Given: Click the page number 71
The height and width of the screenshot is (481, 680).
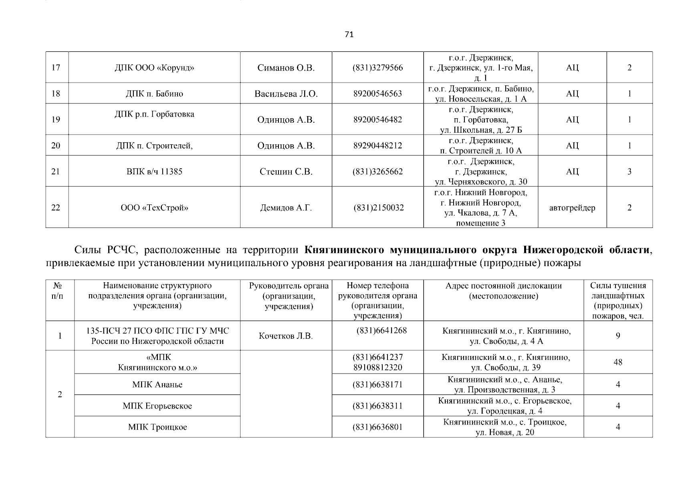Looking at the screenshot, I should tap(349, 34).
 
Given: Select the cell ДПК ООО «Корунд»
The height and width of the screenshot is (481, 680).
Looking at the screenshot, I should tap(154, 68).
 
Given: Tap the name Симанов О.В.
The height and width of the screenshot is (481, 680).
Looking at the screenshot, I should tap(286, 68).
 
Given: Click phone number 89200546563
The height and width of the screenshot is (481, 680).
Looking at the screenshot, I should tap(377, 94).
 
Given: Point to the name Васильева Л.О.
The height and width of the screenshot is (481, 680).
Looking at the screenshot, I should tap(286, 94).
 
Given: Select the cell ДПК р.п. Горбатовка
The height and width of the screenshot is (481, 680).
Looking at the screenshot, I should tap(154, 114).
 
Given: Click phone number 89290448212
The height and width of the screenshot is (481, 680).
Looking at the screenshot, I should tap(377, 146).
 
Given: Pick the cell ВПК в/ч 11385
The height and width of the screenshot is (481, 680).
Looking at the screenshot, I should tap(154, 172).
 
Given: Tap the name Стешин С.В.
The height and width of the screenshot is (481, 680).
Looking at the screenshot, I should tap(286, 172).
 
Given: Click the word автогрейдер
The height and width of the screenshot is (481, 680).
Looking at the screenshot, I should tap(572, 208).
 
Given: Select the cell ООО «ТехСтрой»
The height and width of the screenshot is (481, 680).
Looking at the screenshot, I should tap(154, 208).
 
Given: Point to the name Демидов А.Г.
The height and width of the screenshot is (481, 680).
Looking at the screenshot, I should tap(286, 208).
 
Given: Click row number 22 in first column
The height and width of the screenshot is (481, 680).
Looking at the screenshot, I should tap(56, 208).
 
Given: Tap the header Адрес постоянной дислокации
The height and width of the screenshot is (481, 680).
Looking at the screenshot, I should tap(503, 286).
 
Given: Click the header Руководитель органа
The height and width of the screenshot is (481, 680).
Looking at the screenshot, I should tap(289, 286).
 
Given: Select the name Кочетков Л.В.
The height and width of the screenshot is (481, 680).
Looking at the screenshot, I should tap(286, 336).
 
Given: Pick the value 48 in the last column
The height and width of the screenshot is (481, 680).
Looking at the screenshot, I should tap(618, 362).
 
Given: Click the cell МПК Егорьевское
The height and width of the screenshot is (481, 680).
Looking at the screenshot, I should tap(157, 406).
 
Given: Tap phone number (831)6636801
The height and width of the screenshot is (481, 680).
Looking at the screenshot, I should tap(377, 427).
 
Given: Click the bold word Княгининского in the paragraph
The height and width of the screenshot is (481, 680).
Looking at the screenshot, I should tap(344, 251).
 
